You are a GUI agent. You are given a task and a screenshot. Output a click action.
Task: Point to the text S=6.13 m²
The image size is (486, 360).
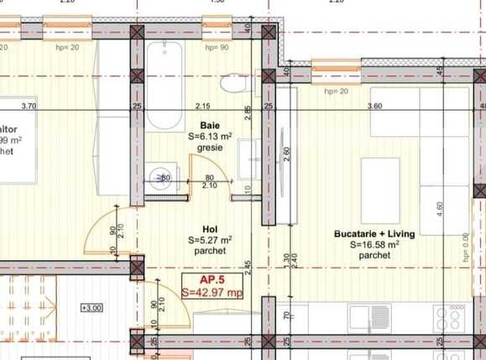coord(210,134)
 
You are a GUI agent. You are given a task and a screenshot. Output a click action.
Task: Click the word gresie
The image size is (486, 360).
coord(210,147)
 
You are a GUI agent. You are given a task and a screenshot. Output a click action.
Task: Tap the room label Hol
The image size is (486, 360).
coord(210,228)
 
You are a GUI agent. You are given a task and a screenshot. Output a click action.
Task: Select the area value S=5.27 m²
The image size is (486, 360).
coord(210,240)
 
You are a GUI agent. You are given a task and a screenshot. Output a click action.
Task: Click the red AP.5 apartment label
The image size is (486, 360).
coord(212,280)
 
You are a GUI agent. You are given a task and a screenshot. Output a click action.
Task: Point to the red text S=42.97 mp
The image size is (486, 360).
coord(212,293)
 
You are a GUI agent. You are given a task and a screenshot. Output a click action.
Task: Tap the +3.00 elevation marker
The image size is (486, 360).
coord(91,308)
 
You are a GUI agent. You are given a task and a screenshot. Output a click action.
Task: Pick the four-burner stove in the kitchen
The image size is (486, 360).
coord(451,317)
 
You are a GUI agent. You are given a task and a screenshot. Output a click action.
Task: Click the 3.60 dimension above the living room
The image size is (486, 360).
coord(375,106)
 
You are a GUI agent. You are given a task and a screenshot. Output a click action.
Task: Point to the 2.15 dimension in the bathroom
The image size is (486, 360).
coord(202,106)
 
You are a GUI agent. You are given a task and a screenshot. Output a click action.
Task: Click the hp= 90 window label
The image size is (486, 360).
coord(217,48)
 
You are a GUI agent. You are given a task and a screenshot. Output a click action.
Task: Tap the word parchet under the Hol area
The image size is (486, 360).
coord(210,251)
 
